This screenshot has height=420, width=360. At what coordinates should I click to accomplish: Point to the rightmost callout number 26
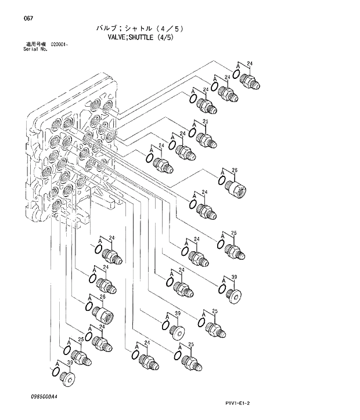tap(235, 171)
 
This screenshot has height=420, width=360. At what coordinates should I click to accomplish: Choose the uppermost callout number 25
tap(205, 121)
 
